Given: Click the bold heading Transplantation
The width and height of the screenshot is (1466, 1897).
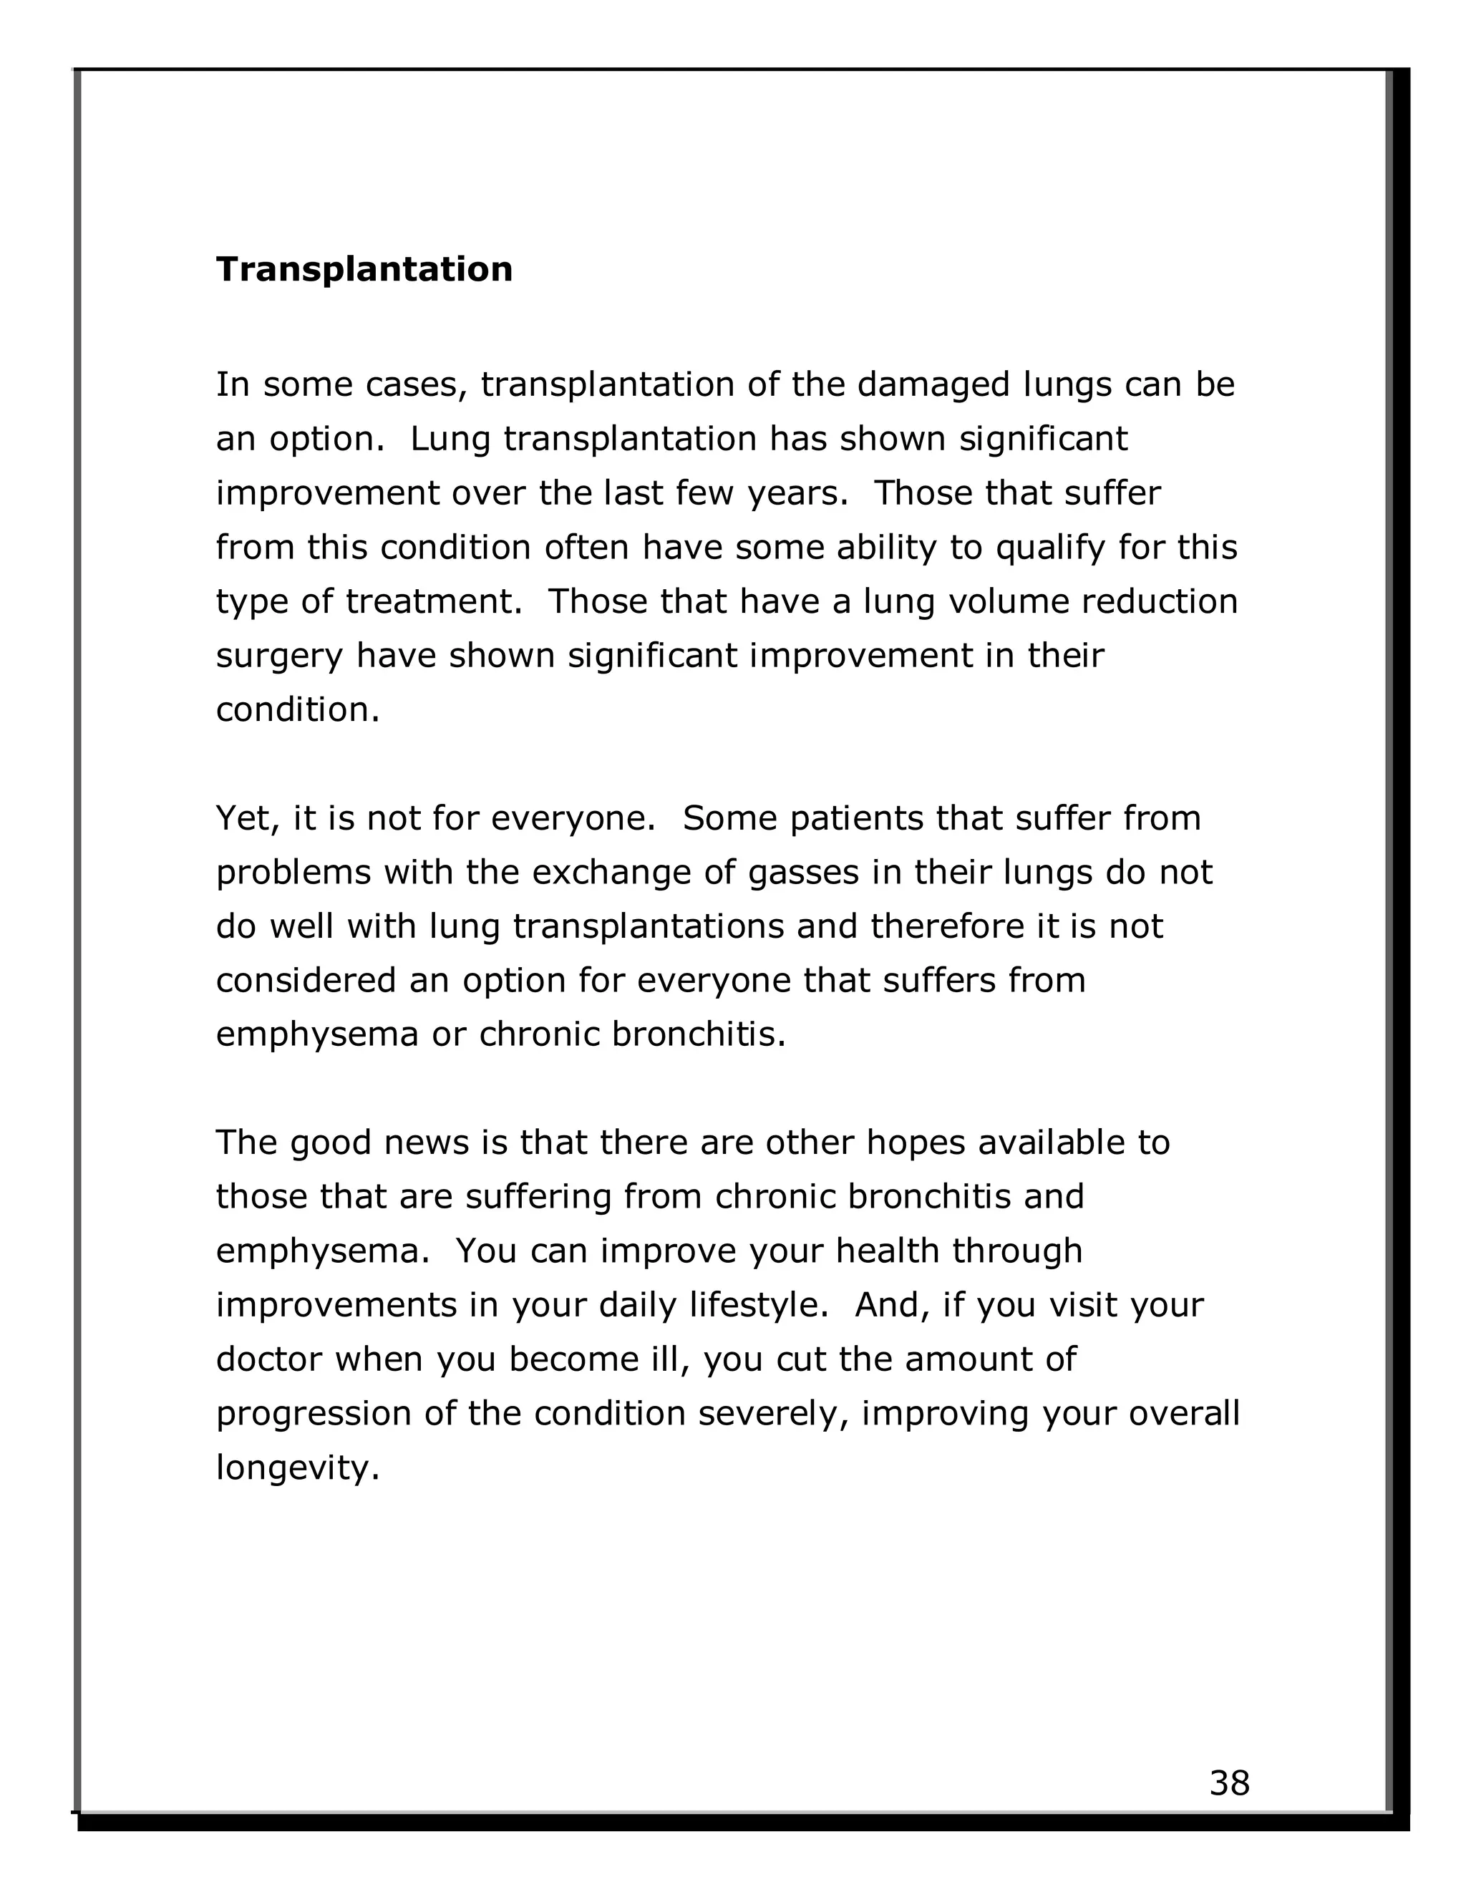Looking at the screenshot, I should coord(364,269).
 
